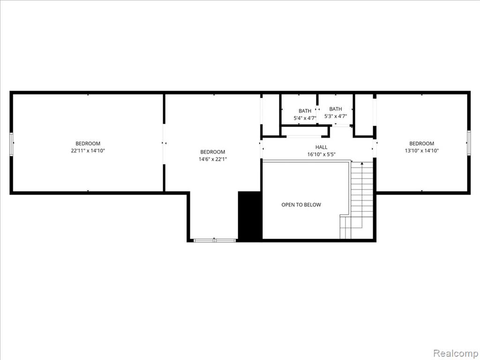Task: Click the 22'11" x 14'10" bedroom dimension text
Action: [88, 150]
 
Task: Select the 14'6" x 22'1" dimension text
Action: [213, 159]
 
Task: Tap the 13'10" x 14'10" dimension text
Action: [421, 150]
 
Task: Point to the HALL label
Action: [322, 147]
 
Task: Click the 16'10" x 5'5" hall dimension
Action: [322, 154]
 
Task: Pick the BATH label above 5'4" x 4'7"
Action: [305, 111]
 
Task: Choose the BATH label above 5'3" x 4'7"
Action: [336, 109]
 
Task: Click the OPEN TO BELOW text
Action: [301, 205]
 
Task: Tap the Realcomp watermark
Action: [455, 353]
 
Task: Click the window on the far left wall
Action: [11, 144]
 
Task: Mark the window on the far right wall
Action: [468, 142]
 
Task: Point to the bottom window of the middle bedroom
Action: [215, 240]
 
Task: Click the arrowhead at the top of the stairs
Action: [362, 164]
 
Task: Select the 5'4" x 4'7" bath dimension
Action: [305, 118]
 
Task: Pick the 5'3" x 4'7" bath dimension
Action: [336, 116]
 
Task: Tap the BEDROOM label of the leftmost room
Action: [88, 143]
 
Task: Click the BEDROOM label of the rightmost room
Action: [421, 143]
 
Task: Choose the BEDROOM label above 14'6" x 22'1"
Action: [213, 152]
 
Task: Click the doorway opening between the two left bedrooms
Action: [165, 144]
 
